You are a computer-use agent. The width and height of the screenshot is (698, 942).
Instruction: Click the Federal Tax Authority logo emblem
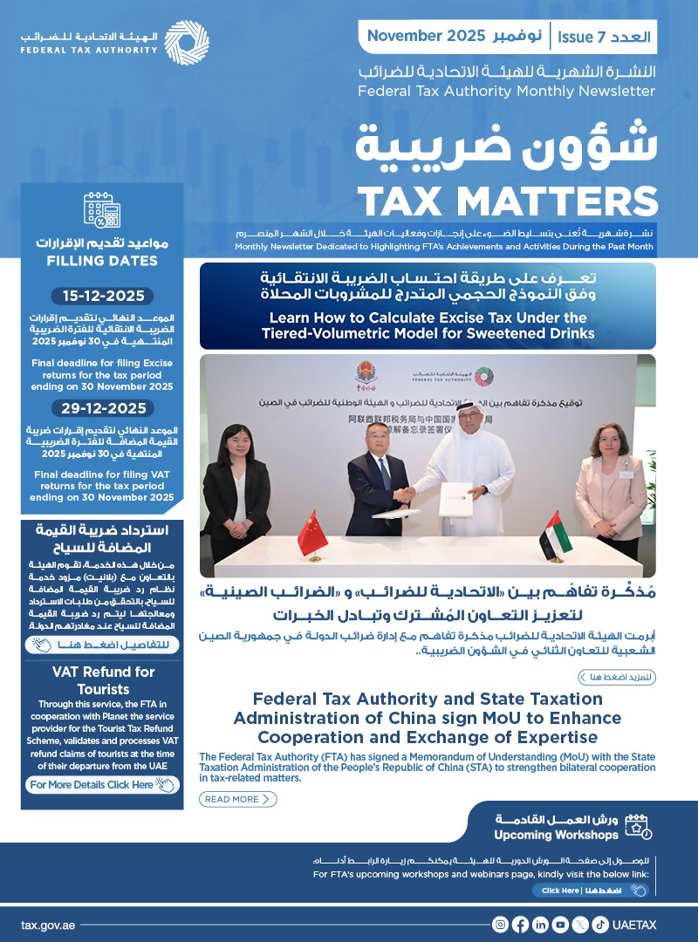coord(187,41)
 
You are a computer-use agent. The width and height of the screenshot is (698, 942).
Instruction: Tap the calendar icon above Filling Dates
coord(102,211)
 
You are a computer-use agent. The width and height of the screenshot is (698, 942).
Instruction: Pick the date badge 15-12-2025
coord(103,296)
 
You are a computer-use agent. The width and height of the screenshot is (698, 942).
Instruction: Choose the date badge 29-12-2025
coord(103,407)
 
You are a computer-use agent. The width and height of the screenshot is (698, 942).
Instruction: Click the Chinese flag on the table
coord(311,533)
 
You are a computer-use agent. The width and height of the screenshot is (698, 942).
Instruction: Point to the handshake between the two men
coord(405,494)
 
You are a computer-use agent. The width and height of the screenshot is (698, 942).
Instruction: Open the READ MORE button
coord(238,799)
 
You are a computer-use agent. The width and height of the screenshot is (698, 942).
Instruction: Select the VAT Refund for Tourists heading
coord(102,679)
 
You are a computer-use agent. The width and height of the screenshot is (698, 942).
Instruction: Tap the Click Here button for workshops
coord(591,891)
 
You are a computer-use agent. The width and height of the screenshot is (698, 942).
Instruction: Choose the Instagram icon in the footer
coord(500,925)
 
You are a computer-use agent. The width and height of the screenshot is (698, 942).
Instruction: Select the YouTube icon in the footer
coord(560,925)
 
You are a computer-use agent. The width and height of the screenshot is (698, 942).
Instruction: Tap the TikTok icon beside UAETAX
coord(600,925)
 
